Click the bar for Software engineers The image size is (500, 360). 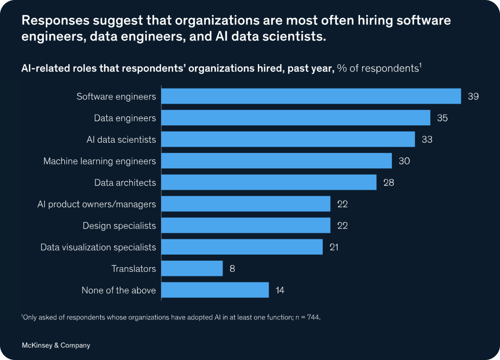point(311,97)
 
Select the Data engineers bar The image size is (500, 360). point(296,118)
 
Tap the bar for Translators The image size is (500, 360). point(192,269)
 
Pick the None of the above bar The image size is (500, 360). point(215,290)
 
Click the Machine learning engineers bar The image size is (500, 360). point(277,161)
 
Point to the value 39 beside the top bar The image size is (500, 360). point(473,97)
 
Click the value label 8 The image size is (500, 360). point(232,269)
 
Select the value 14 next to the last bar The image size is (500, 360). point(280,290)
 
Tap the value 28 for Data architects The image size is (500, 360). point(389,182)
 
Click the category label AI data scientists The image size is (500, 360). point(121,139)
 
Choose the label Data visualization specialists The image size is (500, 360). point(98,247)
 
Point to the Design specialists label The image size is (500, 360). point(119,226)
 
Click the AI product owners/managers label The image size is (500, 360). point(97,204)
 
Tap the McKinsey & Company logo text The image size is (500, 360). point(56,346)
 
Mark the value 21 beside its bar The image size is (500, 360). point(333,247)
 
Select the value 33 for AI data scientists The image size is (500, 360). point(427,139)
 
